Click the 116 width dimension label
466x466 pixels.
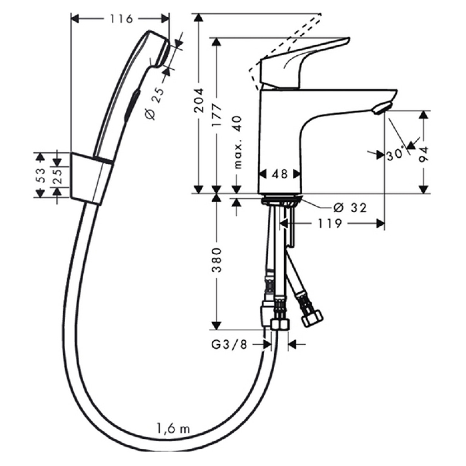point(122,19)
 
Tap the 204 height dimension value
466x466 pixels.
point(199,101)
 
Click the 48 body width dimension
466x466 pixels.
point(280,174)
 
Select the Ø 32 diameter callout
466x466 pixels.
point(350,208)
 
